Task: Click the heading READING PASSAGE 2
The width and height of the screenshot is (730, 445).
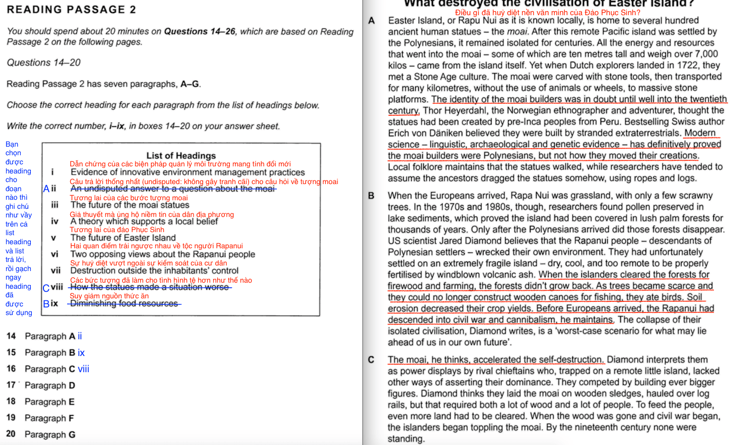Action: (71, 10)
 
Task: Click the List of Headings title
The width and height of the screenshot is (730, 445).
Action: (181, 155)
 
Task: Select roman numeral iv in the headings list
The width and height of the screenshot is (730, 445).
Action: (55, 221)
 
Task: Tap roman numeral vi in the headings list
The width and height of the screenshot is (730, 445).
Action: (55, 254)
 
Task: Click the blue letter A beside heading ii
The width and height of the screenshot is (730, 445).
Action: (46, 189)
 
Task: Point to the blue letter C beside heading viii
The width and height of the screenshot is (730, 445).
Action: (46, 288)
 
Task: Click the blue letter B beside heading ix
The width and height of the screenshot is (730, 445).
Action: (46, 303)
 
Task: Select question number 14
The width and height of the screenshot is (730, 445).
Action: (11, 336)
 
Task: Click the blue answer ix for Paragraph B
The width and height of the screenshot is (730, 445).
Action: (81, 352)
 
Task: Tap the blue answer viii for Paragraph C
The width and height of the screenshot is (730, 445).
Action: (83, 369)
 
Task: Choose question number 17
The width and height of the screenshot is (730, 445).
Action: (11, 385)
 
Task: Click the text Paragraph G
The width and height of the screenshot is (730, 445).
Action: (50, 434)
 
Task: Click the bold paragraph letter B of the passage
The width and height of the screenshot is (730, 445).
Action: (371, 196)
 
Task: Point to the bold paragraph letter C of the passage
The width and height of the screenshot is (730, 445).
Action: (371, 360)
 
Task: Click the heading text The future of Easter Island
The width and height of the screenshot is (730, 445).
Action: (123, 238)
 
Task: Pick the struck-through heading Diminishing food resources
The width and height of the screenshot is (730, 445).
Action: (124, 303)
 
